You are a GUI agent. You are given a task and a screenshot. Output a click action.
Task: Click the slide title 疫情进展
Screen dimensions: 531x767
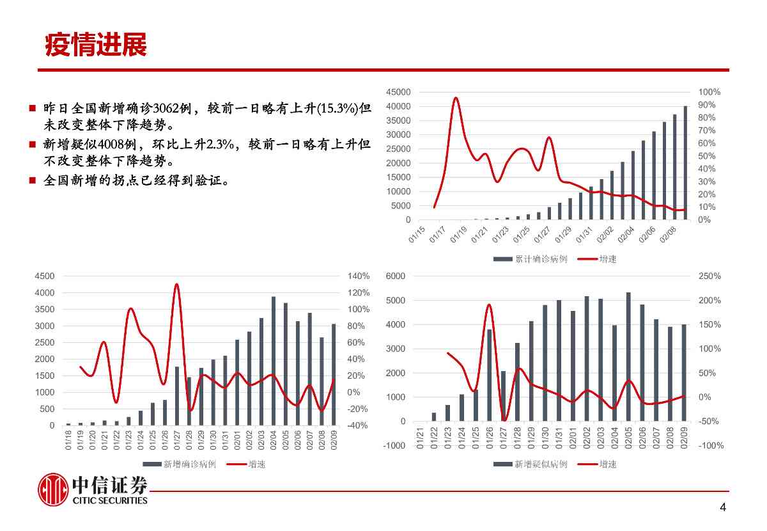click(96, 45)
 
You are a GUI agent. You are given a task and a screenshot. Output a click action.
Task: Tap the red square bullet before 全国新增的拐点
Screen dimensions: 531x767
click(31, 181)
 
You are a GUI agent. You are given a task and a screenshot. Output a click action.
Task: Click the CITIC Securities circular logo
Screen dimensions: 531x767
click(53, 491)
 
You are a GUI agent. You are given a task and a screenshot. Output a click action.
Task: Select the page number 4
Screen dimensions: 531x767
click(723, 508)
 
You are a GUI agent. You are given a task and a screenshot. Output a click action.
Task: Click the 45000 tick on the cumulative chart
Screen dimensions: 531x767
click(399, 93)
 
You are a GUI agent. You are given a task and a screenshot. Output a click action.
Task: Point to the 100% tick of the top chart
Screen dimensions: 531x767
click(709, 93)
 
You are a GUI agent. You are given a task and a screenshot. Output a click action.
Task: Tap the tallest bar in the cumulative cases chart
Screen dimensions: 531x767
click(685, 163)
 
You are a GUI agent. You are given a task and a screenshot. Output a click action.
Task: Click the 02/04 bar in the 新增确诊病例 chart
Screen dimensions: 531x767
click(274, 361)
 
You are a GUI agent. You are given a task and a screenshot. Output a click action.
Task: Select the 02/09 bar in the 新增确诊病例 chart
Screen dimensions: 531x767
click(333, 375)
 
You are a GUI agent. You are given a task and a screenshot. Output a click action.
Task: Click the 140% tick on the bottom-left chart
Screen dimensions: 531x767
click(359, 276)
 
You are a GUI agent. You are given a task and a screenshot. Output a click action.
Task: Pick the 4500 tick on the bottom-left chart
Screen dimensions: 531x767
click(45, 276)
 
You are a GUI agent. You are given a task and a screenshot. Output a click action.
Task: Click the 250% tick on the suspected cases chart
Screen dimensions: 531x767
click(710, 276)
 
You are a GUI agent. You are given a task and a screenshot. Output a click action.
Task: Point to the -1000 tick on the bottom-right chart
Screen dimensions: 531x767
click(394, 446)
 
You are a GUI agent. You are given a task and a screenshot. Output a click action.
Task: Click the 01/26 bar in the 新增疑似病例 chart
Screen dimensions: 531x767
click(490, 376)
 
